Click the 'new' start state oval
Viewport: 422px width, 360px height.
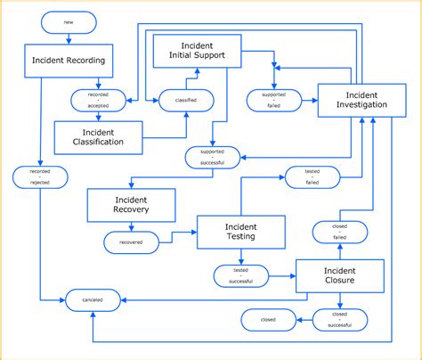pyautogui.click(x=68, y=20)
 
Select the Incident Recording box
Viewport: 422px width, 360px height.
pyautogui.click(x=68, y=61)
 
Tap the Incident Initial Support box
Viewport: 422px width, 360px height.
pyautogui.click(x=197, y=53)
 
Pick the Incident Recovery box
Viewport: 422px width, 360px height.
pyautogui.click(x=130, y=205)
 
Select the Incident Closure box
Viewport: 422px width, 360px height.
pyautogui.click(x=339, y=276)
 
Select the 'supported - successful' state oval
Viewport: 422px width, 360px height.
pyautogui.click(x=212, y=158)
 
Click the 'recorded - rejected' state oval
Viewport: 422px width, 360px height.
pyautogui.click(x=39, y=176)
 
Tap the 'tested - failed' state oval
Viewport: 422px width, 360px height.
pyautogui.click(x=312, y=176)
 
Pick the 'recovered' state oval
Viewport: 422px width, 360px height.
pyautogui.click(x=130, y=241)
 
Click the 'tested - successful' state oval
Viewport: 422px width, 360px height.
pyautogui.click(x=240, y=275)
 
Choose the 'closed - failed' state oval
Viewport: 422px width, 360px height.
pyautogui.click(x=339, y=233)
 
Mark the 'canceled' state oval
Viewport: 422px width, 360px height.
pyautogui.click(x=93, y=300)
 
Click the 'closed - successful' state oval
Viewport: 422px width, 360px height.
pyautogui.click(x=339, y=319)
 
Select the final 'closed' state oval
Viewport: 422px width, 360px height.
pyautogui.click(x=268, y=319)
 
